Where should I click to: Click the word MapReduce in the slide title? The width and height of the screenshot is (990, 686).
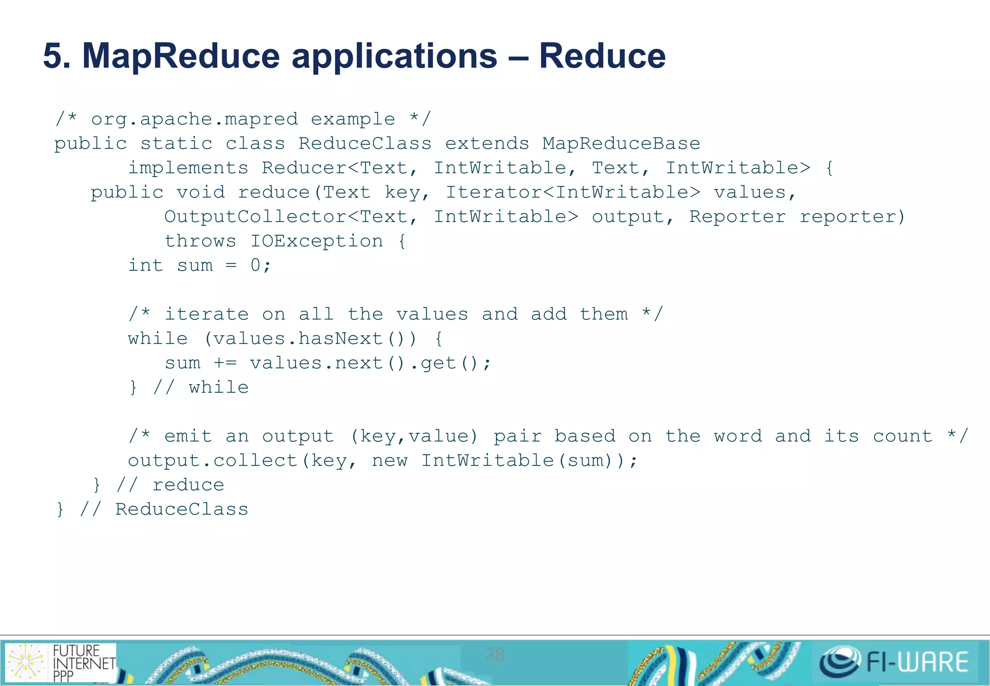(181, 56)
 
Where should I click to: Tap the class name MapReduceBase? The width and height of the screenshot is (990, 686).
(621, 144)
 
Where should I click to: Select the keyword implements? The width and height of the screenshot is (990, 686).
(188, 168)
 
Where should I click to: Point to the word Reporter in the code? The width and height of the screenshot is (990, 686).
(737, 217)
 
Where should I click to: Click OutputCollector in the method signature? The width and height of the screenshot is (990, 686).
(255, 217)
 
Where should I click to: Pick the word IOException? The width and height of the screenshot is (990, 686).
(316, 241)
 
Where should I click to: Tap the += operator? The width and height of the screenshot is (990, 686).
(225, 363)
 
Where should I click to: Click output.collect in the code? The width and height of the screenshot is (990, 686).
(213, 461)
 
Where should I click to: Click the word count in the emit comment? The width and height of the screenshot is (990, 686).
(903, 436)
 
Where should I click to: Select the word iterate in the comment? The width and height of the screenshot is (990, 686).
(206, 314)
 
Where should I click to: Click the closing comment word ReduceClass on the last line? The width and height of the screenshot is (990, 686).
(181, 509)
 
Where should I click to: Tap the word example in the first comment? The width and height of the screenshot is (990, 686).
(352, 119)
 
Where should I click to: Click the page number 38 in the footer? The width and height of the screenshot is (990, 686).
(495, 655)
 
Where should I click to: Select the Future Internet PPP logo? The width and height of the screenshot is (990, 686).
(60, 662)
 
